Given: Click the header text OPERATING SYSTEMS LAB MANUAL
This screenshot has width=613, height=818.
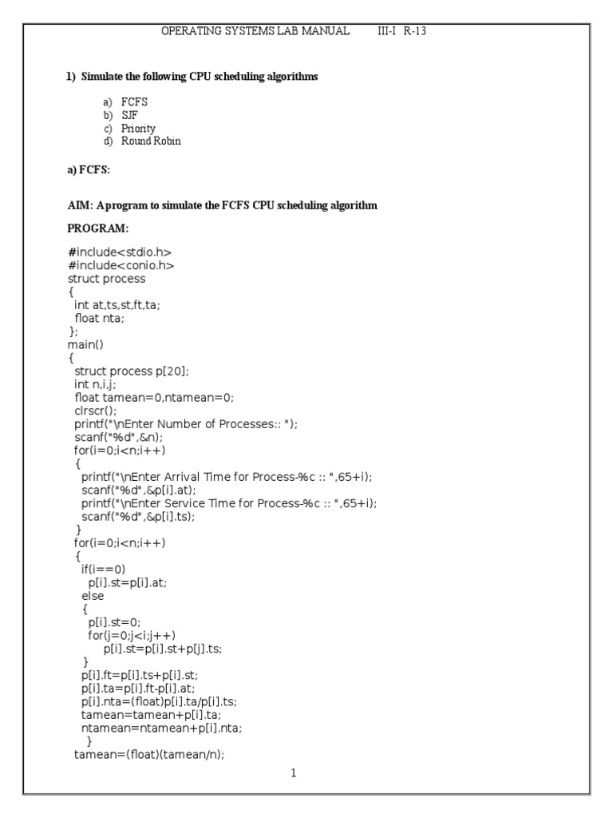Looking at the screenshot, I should [255, 31].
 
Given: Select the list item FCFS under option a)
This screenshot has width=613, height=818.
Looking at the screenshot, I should [134, 102].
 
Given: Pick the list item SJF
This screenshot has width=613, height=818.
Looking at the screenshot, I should [130, 115].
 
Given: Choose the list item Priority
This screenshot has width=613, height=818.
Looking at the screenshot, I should [138, 128].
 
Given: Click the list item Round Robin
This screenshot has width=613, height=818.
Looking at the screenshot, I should [151, 141].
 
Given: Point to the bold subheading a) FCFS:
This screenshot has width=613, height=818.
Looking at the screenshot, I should [89, 171].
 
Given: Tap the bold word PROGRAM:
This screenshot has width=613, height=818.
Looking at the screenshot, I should [97, 228].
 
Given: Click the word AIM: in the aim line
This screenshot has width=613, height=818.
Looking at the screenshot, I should [81, 205].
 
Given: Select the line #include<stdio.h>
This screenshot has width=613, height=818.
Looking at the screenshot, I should [120, 252].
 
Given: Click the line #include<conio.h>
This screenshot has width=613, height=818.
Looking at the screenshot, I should [121, 265].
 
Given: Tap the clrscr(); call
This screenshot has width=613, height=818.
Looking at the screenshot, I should [95, 411].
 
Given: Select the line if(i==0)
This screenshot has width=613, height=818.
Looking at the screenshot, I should [103, 569].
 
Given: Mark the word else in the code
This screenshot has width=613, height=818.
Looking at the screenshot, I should [93, 595].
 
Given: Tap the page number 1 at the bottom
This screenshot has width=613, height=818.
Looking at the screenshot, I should [294, 773].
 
